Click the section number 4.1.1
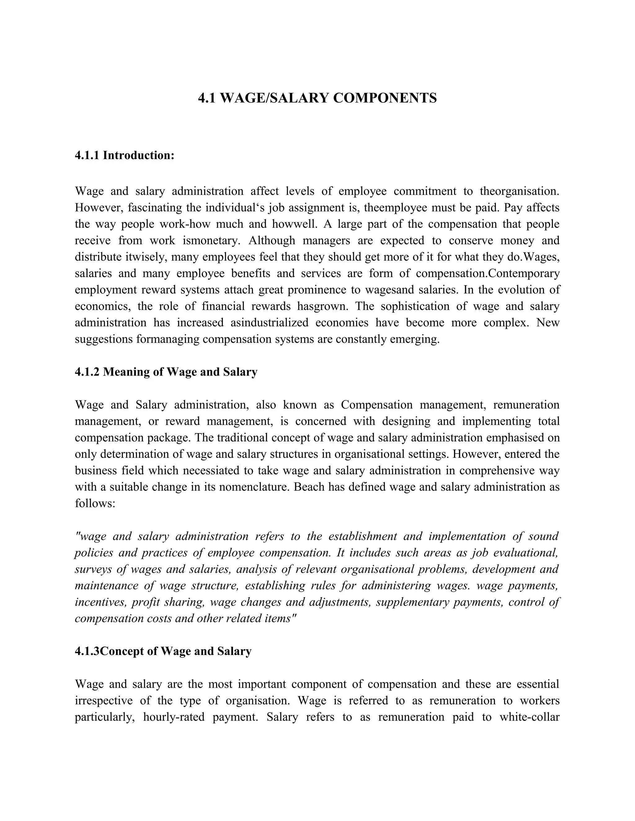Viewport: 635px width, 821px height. pyautogui.click(x=87, y=155)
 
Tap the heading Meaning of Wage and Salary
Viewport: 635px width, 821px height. pyautogui.click(x=180, y=372)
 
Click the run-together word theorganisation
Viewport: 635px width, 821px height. pyautogui.click(x=519, y=191)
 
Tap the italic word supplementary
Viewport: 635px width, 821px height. pyautogui.click(x=412, y=602)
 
